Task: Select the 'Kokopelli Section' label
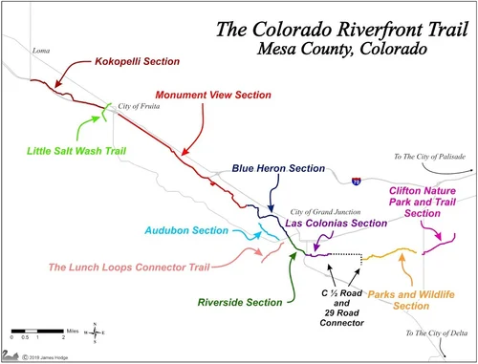pyautogui.click(x=137, y=61)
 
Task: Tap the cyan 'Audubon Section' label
pyautogui.click(x=186, y=230)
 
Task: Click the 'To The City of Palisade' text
pyautogui.click(x=426, y=157)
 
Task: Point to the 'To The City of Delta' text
pyautogui.click(x=434, y=332)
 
